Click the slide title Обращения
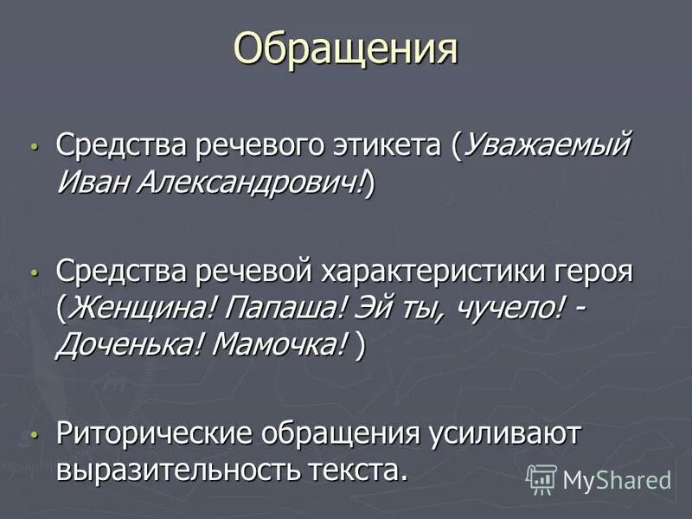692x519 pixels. point(345,49)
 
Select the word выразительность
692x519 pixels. point(178,470)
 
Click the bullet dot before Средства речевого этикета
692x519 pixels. point(34,146)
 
